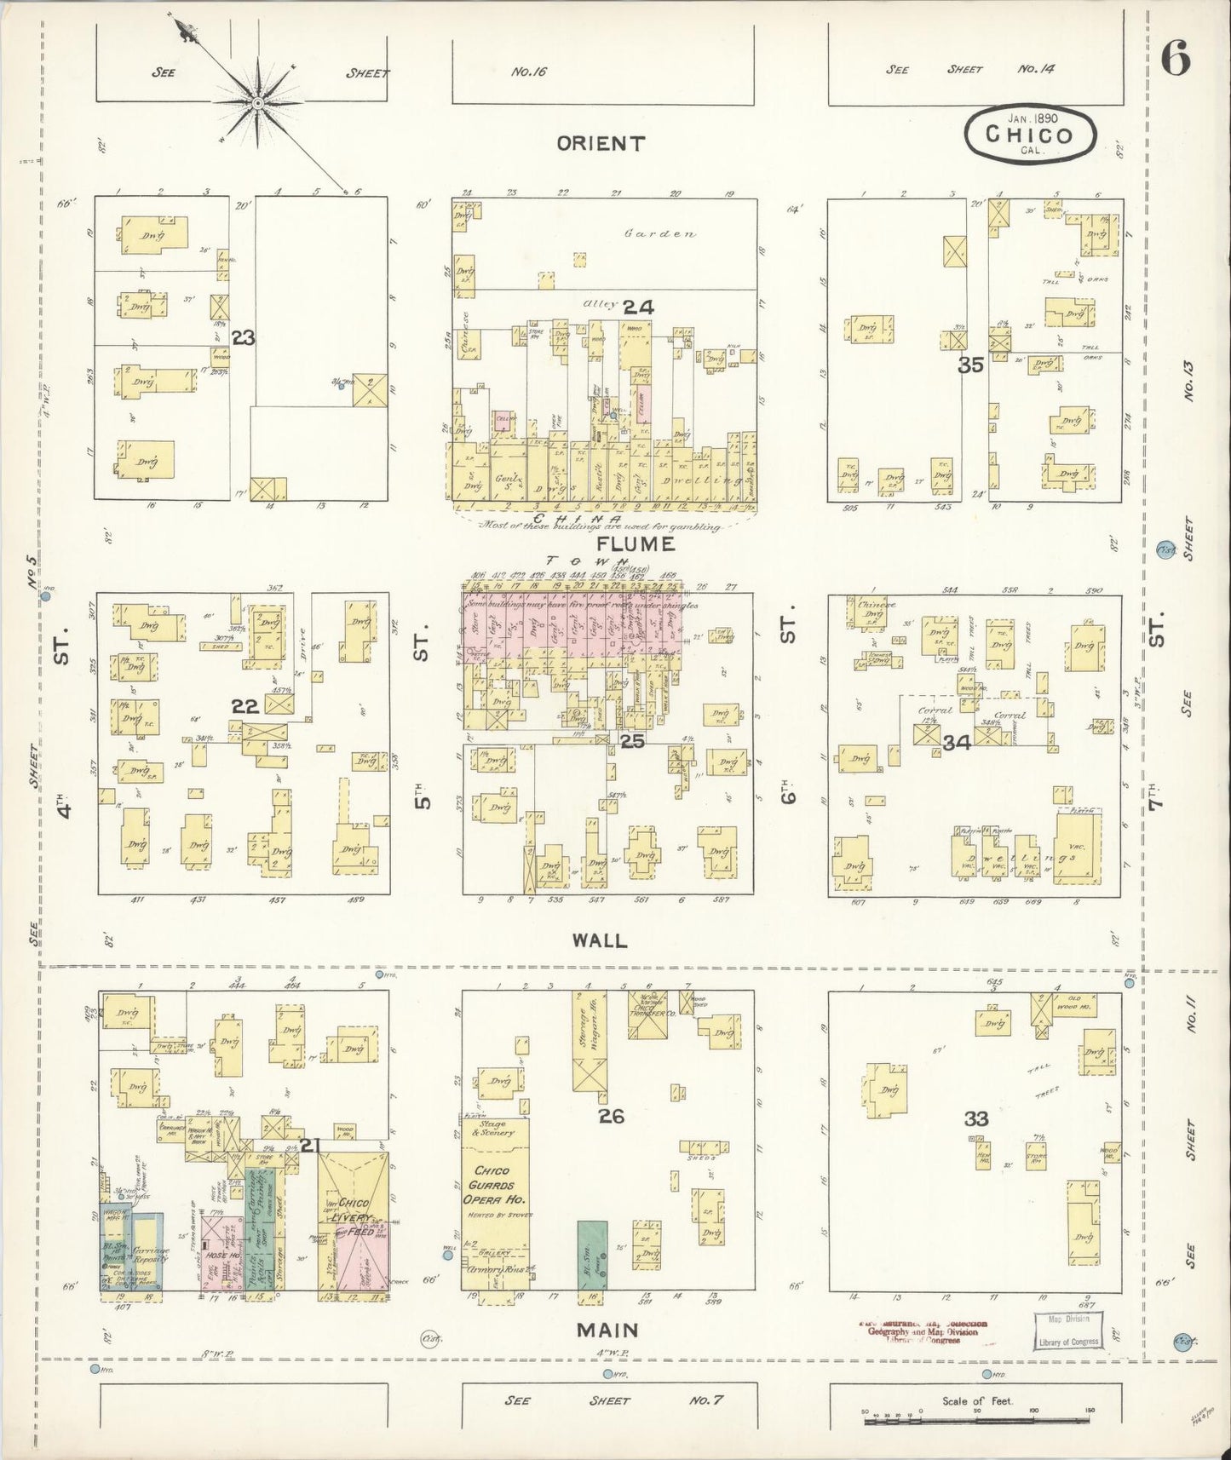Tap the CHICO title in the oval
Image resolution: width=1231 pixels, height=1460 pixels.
(1030, 135)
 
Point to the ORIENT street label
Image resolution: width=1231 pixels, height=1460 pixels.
(601, 143)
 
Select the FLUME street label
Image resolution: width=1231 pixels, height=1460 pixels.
(636, 543)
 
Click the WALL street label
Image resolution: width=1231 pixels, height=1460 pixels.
(601, 940)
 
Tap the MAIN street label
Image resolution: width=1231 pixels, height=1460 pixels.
(607, 1329)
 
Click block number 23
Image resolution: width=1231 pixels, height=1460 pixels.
(244, 339)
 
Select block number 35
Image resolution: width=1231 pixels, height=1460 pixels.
(970, 365)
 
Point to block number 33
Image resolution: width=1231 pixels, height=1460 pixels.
(975, 1118)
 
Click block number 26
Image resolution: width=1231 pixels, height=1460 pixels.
(611, 1115)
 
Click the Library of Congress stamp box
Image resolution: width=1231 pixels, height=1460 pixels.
(1068, 1330)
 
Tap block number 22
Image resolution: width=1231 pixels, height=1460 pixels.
(244, 706)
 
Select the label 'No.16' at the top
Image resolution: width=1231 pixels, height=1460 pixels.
(528, 72)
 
